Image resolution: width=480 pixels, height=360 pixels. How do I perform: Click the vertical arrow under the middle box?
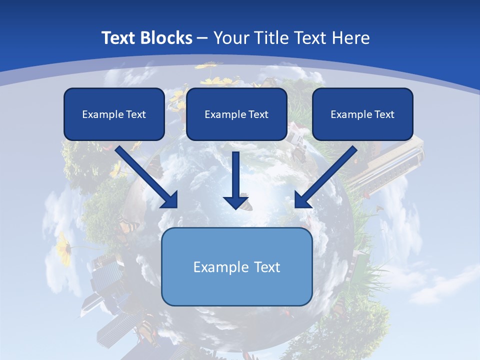(x=236, y=175)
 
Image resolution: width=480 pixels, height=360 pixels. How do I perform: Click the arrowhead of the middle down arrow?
(x=236, y=202)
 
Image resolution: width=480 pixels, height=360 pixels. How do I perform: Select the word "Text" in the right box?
(x=384, y=114)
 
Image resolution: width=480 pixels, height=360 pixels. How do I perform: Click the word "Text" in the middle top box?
(x=258, y=114)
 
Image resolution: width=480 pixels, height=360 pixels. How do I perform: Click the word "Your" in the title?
(x=229, y=38)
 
